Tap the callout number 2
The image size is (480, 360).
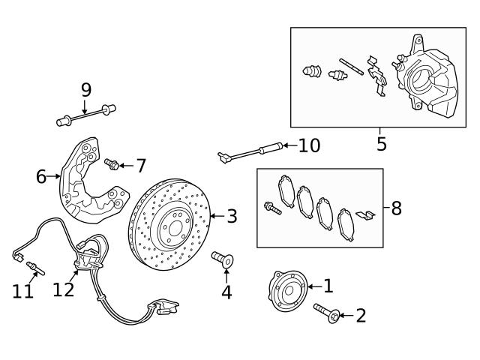pyautogui.click(x=361, y=316)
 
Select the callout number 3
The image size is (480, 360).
pyautogui.click(x=232, y=217)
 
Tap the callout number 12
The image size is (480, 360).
pyautogui.click(x=64, y=289)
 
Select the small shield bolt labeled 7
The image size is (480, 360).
pyautogui.click(x=112, y=163)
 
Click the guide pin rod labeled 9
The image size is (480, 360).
pyautogui.click(x=86, y=115)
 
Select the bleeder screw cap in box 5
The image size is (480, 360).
pyautogui.click(x=309, y=73)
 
